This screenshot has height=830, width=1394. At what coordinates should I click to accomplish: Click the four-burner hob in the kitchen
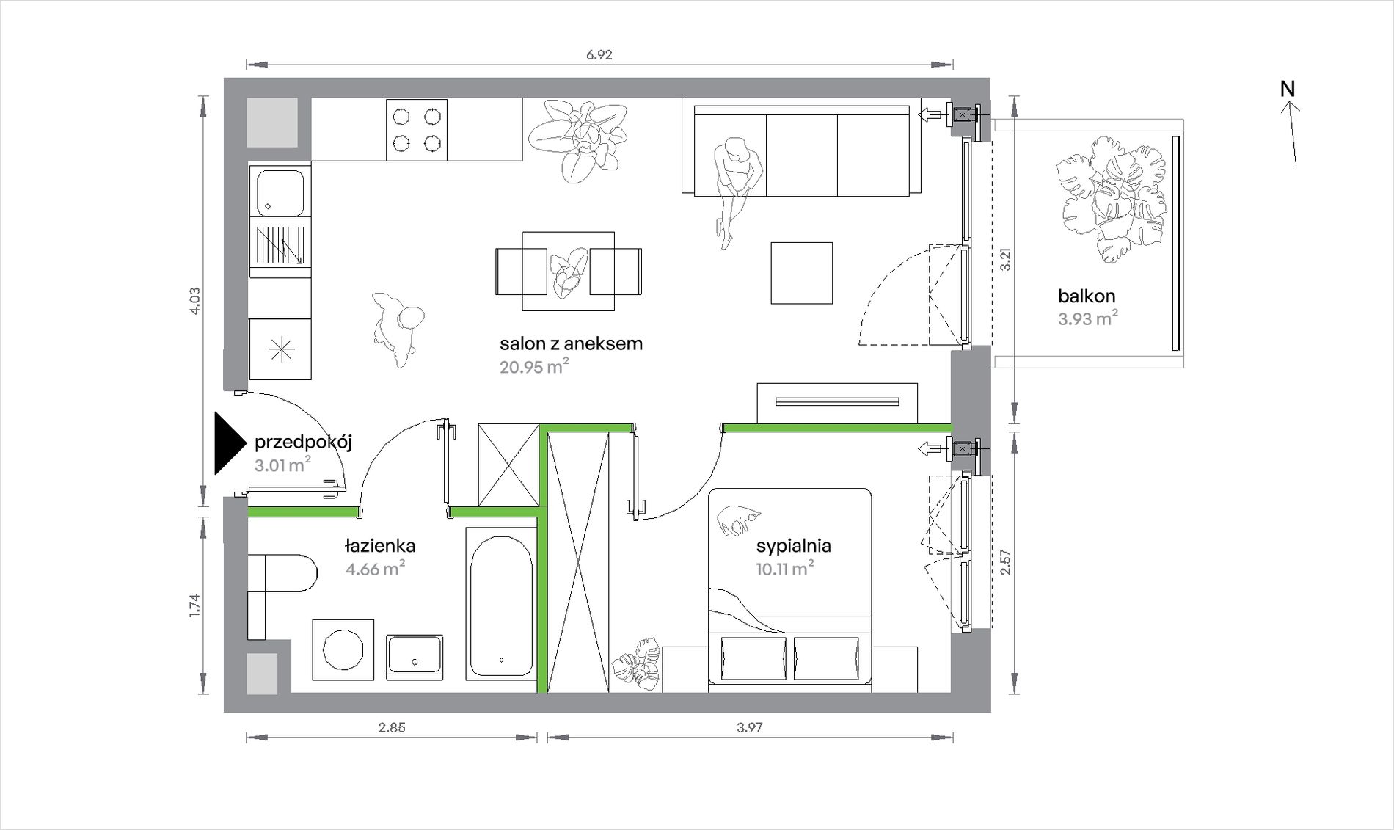click(x=417, y=129)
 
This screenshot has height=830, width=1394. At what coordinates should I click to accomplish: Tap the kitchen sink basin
click(x=280, y=193)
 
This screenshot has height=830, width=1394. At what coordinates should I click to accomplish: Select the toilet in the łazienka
click(x=282, y=573)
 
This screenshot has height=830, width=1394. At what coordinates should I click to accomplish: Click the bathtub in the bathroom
click(x=501, y=606)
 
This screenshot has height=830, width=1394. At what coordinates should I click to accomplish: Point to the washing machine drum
click(x=343, y=649)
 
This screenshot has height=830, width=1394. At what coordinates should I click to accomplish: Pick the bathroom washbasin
click(x=415, y=654)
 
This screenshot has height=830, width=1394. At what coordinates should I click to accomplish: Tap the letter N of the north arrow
click(x=1288, y=89)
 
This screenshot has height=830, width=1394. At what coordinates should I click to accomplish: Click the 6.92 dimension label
click(x=599, y=55)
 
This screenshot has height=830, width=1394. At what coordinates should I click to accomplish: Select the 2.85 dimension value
click(x=392, y=728)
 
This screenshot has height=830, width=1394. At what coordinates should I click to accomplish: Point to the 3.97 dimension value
click(x=750, y=728)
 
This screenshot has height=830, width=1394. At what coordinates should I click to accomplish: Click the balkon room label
click(x=1087, y=296)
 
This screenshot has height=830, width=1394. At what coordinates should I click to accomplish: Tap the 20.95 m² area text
click(x=534, y=366)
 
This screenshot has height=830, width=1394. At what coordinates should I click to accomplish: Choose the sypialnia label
click(x=793, y=546)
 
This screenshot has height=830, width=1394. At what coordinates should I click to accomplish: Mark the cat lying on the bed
click(x=739, y=519)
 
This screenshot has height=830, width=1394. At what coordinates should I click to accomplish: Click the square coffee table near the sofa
click(x=801, y=273)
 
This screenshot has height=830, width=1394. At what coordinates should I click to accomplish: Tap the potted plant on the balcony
click(x=1110, y=198)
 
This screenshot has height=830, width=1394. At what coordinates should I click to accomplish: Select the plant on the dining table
click(x=569, y=272)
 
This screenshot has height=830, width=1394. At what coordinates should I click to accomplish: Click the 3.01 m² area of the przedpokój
click(x=282, y=465)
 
